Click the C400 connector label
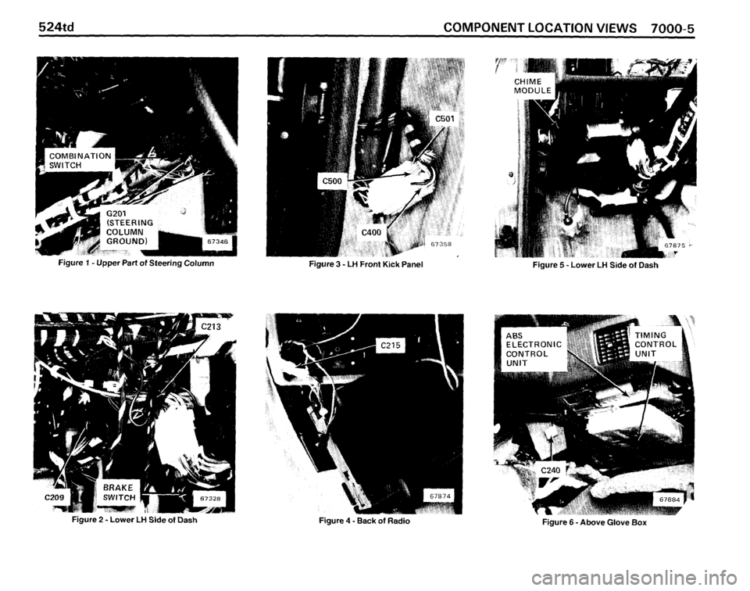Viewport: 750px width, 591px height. click(372, 233)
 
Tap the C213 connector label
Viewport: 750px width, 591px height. click(211, 328)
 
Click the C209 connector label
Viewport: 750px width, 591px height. click(54, 497)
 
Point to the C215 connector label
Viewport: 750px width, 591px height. click(391, 345)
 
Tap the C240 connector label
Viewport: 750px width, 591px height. click(550, 470)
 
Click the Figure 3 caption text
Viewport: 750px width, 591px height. click(366, 264)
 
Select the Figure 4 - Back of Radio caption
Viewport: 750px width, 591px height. click(365, 521)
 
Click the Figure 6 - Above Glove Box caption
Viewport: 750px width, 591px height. click(594, 522)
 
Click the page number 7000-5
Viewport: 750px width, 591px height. click(671, 27)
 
